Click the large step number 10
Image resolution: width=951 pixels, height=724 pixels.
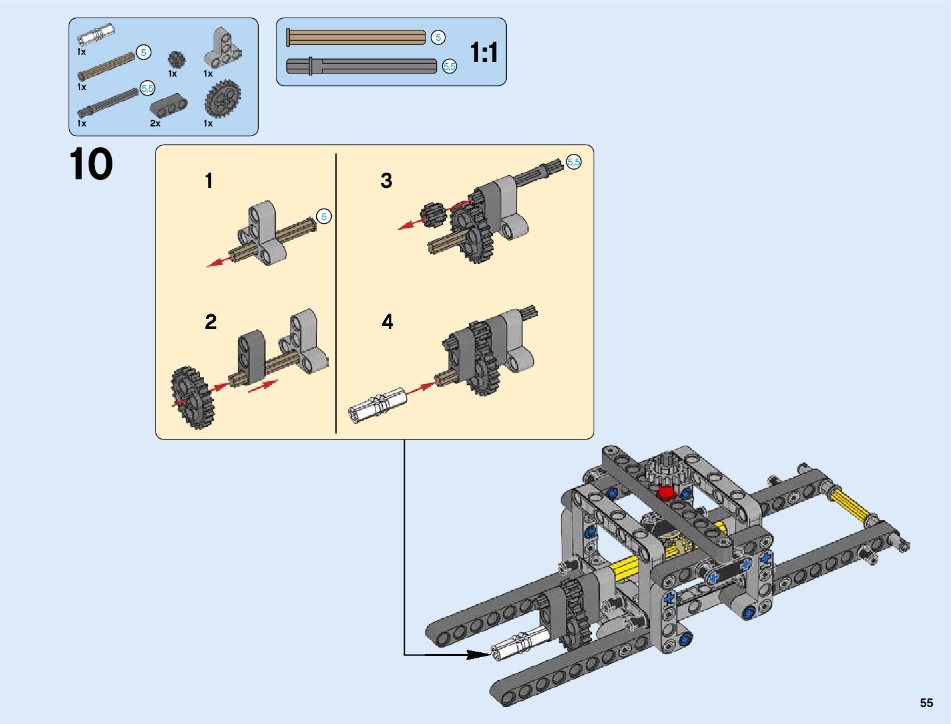[91, 165]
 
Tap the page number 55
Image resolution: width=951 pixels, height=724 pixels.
[925, 703]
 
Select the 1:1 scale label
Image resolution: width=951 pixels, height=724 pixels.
[484, 53]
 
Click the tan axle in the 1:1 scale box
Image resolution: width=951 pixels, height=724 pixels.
[356, 38]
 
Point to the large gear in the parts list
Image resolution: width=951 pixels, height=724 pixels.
[222, 98]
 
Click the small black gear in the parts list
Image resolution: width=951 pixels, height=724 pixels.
[175, 59]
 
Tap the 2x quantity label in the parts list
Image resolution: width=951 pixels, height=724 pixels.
[156, 123]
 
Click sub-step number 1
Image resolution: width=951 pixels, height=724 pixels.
[209, 181]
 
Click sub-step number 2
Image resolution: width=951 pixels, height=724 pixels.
[211, 322]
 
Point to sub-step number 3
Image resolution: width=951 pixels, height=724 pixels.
[386, 181]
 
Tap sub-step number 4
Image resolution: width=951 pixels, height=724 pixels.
[388, 322]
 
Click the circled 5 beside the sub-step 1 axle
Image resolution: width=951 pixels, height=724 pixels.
[324, 216]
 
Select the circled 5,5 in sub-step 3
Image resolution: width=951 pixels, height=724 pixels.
[574, 162]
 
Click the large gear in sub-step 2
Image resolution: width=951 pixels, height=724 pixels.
[193, 398]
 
